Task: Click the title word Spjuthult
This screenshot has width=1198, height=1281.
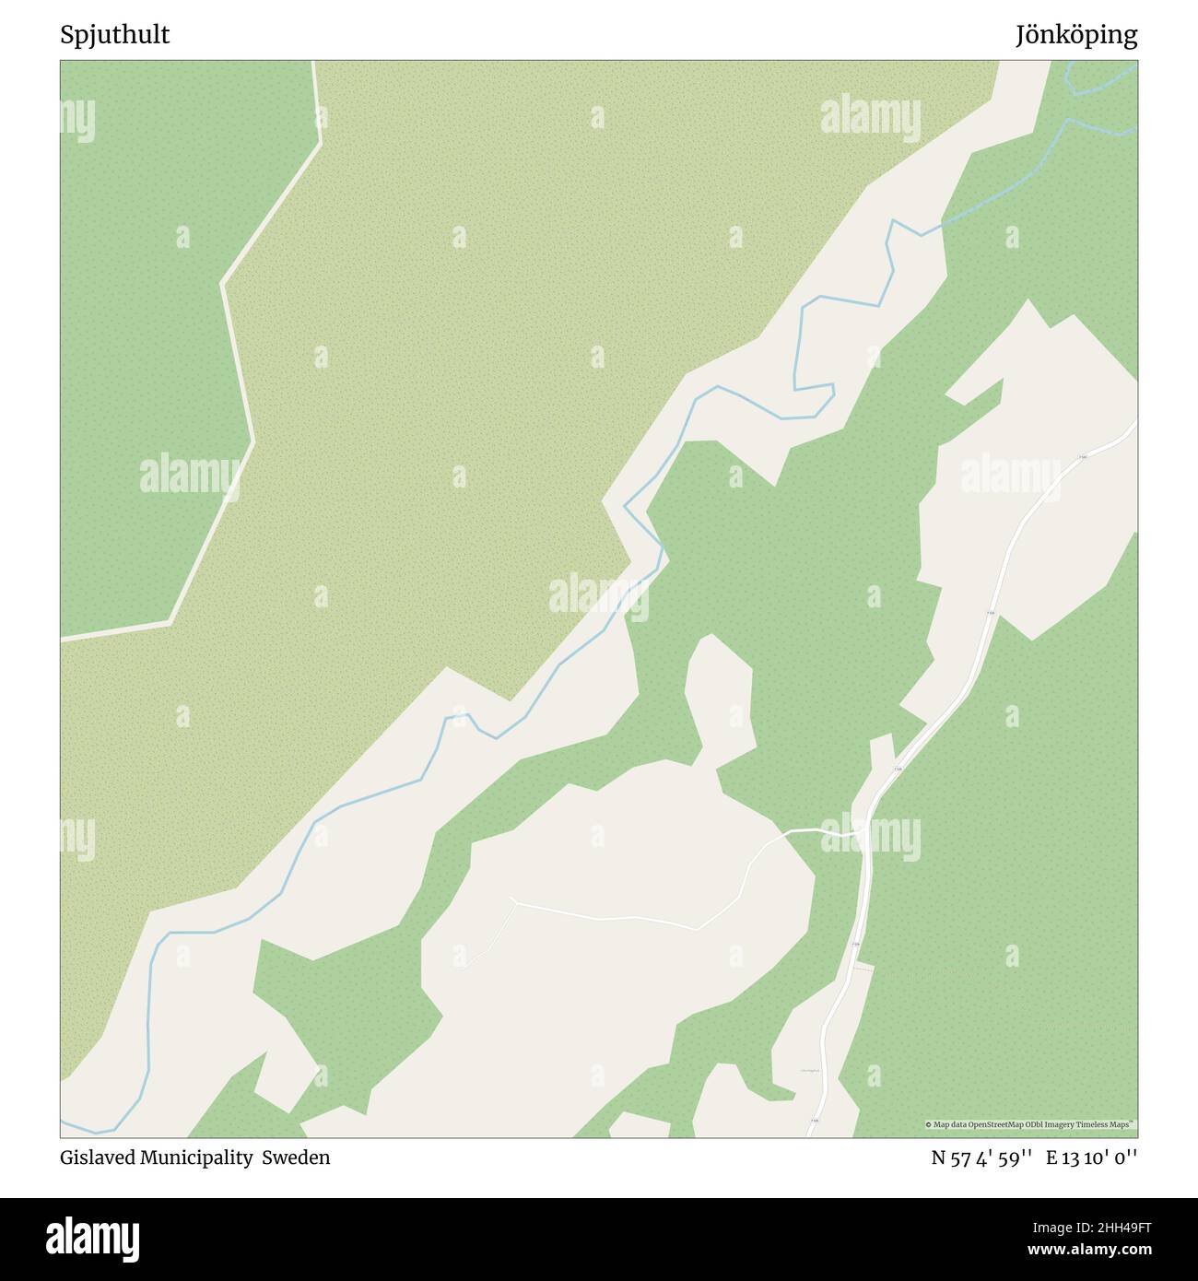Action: click(x=115, y=36)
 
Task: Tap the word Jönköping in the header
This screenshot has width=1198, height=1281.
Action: click(x=1076, y=36)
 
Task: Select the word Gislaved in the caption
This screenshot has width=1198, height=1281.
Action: click(x=98, y=1158)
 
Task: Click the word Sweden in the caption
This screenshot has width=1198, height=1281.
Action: click(x=296, y=1158)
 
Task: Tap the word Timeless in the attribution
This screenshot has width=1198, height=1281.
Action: click(x=1098, y=1124)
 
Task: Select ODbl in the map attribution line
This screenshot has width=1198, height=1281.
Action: click(x=1040, y=1124)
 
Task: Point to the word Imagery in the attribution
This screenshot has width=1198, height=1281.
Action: click(x=1066, y=1124)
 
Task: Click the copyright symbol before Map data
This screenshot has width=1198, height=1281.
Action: click(x=929, y=1124)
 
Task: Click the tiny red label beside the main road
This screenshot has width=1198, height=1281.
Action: click(x=863, y=967)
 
